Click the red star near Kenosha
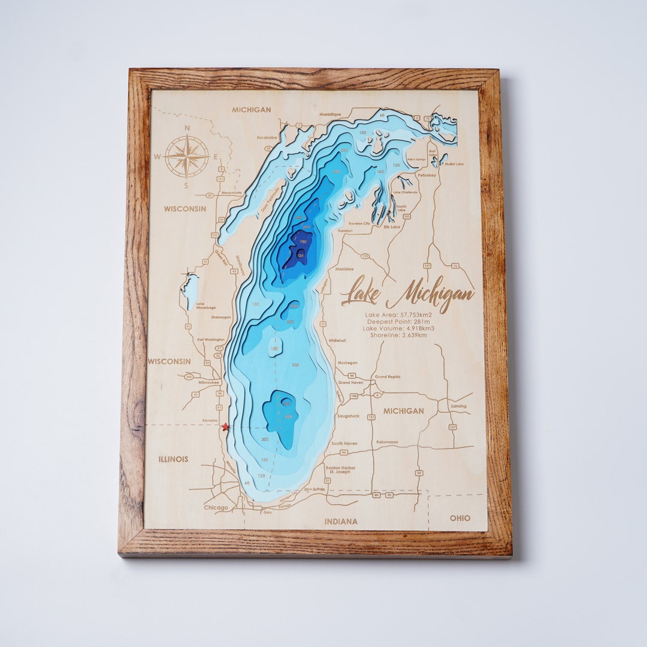(x=225, y=427)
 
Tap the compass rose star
(x=187, y=156)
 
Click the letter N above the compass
(x=187, y=128)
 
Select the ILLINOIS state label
(x=173, y=459)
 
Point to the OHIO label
(x=460, y=518)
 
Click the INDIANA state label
(x=341, y=522)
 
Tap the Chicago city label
(x=216, y=508)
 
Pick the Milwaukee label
(x=210, y=382)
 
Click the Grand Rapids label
(x=388, y=377)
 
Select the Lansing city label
(x=459, y=406)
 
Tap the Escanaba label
(x=267, y=137)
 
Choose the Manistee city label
(x=344, y=269)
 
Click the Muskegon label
(x=347, y=362)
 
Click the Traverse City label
(x=359, y=223)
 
